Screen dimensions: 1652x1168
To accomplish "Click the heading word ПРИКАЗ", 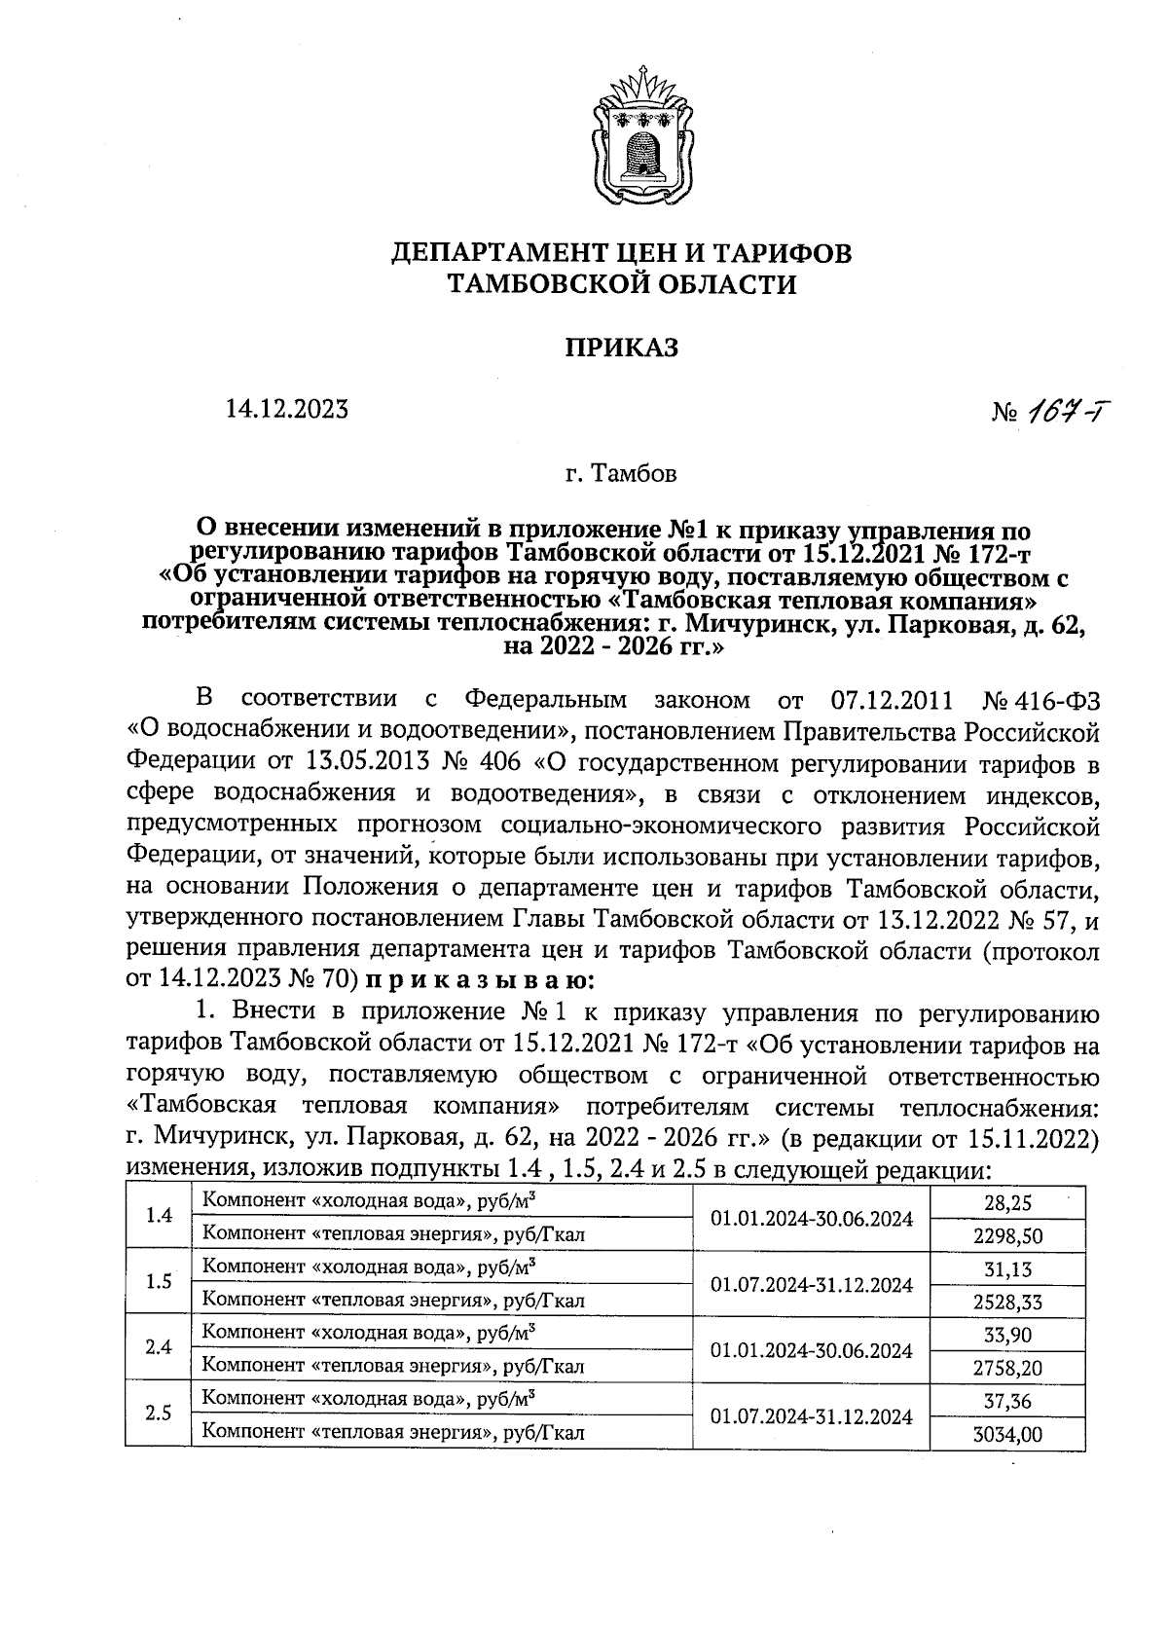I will (622, 348).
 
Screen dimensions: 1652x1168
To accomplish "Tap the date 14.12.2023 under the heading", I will (287, 410).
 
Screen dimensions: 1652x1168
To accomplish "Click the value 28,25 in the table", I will (1007, 1203).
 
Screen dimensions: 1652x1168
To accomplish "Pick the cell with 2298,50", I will (1007, 1235).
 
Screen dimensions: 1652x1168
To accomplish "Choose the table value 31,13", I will (1007, 1268).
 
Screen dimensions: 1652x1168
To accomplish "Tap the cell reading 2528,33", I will (1007, 1302).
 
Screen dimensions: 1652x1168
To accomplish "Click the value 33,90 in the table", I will (1007, 1335).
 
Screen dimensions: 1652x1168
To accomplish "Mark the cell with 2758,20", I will (1007, 1368).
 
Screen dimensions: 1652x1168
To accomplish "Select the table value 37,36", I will (1007, 1401).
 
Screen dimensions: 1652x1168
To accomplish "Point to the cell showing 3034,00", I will (1007, 1434).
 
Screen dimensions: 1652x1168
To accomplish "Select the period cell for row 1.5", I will (812, 1285).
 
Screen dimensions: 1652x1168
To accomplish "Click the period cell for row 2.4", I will (812, 1350).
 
